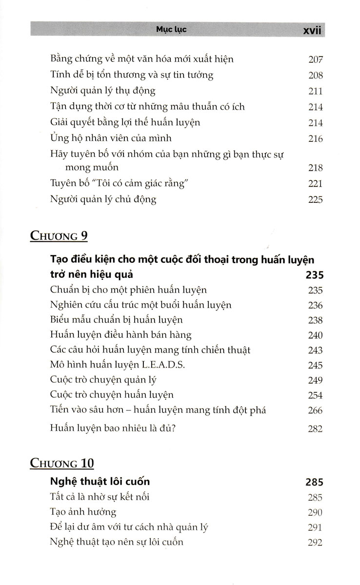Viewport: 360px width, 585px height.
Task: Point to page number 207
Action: click(316, 60)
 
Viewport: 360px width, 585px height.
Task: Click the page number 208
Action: click(316, 76)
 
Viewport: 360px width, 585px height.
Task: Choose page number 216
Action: click(316, 139)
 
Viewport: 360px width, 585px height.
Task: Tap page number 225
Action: click(316, 199)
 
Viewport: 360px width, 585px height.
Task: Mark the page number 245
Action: click(316, 365)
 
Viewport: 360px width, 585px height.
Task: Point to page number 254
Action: click(316, 395)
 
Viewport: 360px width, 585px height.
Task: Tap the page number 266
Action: click(316, 410)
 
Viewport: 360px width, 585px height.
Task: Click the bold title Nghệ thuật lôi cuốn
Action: click(100, 482)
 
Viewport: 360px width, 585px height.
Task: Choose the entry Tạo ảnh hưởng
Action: click(83, 512)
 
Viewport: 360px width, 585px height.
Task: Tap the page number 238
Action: click(316, 320)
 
